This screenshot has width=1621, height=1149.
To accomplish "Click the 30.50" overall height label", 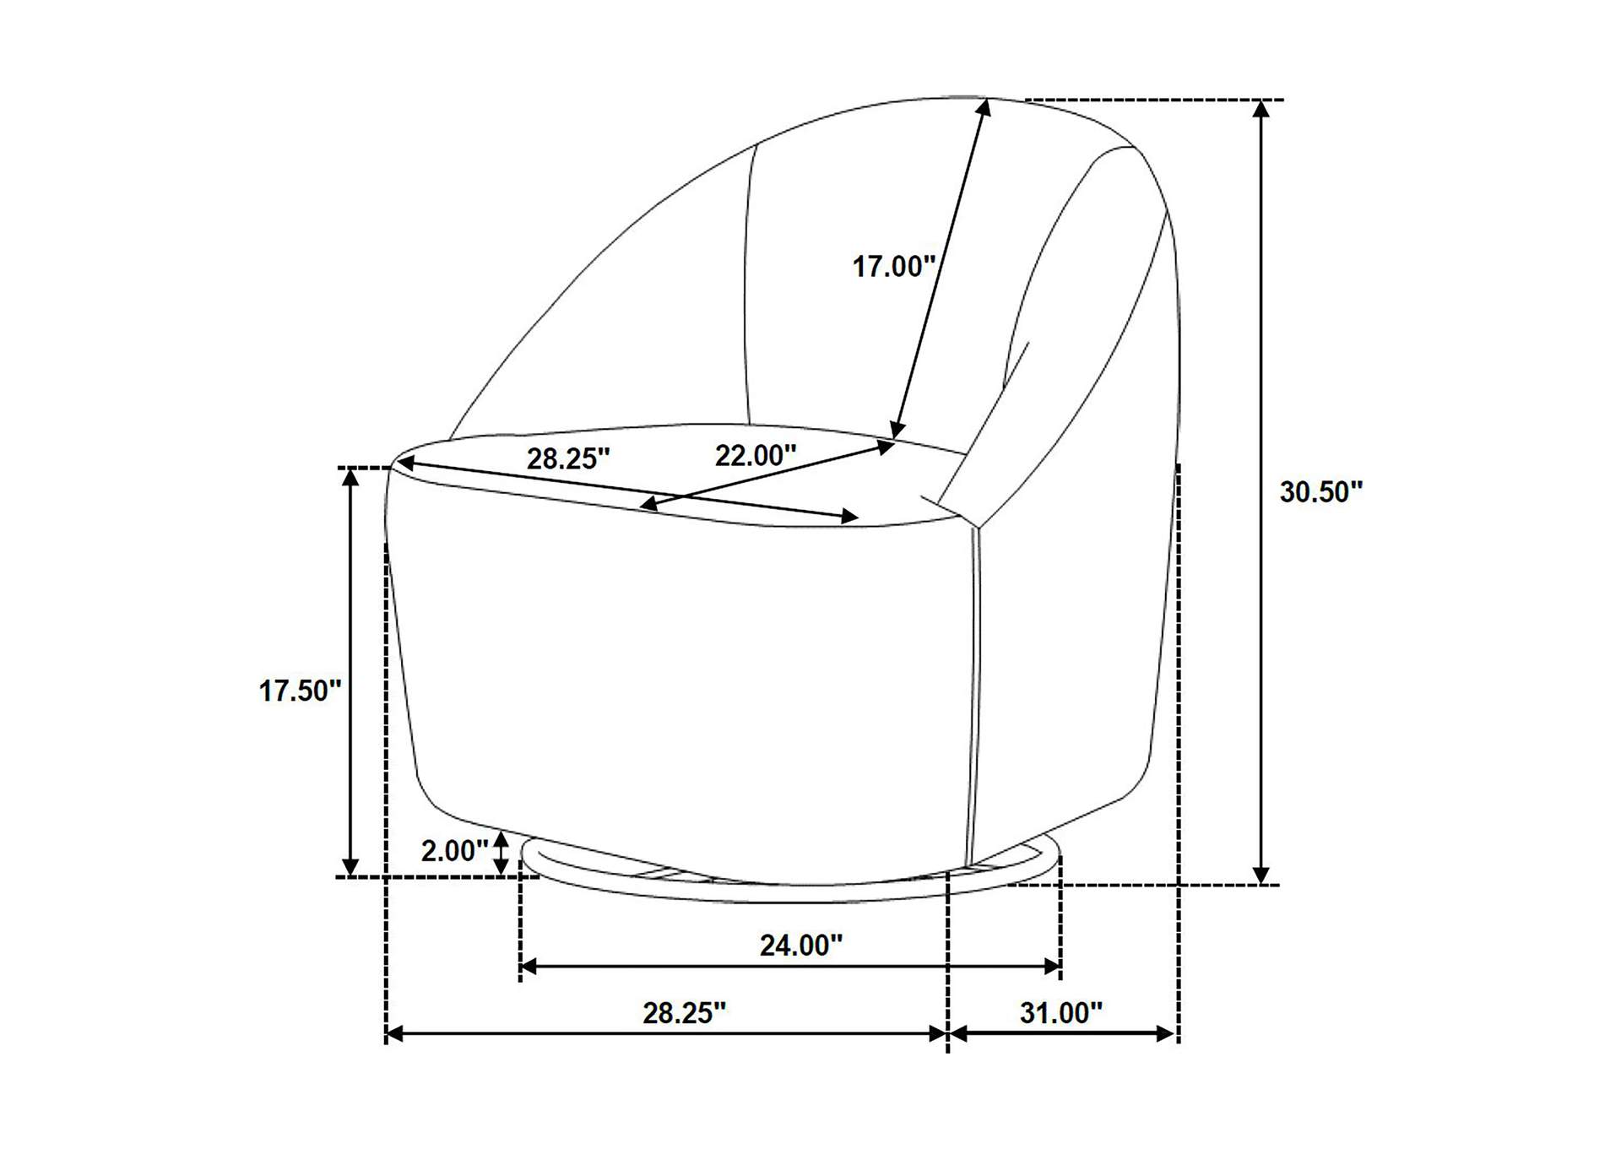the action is point(1321,491).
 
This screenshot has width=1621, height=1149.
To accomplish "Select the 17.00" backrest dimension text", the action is point(894,267).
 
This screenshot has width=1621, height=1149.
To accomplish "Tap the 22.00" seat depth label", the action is point(756,456).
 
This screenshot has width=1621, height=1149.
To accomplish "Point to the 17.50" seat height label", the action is point(300,691).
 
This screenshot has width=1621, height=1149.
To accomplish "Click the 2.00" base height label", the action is point(455,851).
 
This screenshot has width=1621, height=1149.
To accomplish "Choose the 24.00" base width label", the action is point(801,946).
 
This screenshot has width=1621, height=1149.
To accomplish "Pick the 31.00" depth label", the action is point(1061,1013).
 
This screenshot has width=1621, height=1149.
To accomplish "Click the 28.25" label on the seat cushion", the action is point(568,459).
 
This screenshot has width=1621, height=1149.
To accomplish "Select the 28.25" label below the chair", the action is point(685,1013).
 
